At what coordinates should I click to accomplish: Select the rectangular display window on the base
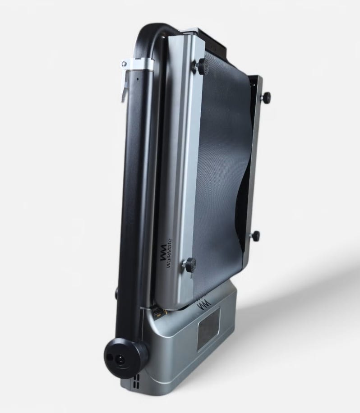point(209,329)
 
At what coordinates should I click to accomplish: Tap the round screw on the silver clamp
point(124,64)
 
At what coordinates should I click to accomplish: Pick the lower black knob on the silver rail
point(189,265)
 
